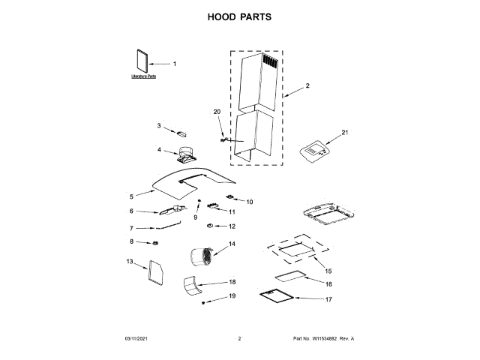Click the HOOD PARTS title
pyautogui.click(x=239, y=17)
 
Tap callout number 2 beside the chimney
pyautogui.click(x=306, y=86)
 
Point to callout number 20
pyautogui.click(x=217, y=112)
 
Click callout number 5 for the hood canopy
pyautogui.click(x=131, y=196)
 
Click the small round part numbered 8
pyautogui.click(x=155, y=243)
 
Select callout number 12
pyautogui.click(x=232, y=226)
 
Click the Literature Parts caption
pyautogui.click(x=143, y=76)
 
